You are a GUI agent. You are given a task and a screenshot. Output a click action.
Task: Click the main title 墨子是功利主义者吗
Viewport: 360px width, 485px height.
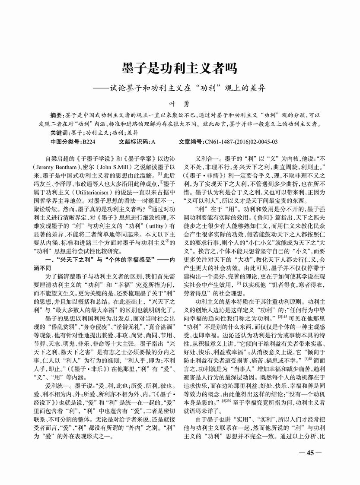(x=179, y=69)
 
